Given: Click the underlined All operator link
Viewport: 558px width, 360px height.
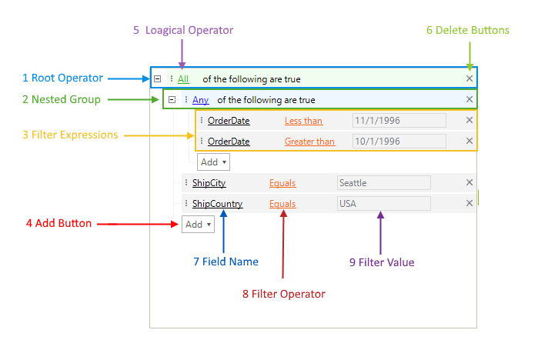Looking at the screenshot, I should [183, 78].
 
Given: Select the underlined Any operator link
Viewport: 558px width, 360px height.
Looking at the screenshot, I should [200, 99].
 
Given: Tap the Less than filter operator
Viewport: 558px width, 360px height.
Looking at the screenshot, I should [303, 121].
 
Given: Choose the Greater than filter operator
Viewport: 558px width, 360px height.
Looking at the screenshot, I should [309, 142].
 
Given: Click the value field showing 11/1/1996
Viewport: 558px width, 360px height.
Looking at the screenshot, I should [399, 121].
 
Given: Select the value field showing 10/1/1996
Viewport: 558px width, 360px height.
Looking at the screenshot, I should [399, 142].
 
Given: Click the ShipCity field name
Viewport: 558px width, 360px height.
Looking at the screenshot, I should [209, 183].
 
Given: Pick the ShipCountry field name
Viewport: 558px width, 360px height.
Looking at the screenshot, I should [217, 204].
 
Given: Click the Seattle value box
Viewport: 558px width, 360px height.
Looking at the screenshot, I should [383, 183].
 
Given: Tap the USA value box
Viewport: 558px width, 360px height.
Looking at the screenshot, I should [383, 204].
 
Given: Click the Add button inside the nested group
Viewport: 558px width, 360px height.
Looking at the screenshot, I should [213, 162].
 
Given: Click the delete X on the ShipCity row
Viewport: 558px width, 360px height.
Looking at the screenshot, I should [469, 183].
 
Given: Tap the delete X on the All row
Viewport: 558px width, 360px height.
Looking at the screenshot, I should [469, 78].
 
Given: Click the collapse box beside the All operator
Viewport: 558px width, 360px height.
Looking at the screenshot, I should [157, 78].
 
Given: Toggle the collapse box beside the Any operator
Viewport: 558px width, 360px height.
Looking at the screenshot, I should [172, 99].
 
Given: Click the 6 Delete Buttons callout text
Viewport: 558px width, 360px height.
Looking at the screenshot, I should [468, 30].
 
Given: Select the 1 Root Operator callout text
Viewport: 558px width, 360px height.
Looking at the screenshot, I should [62, 78].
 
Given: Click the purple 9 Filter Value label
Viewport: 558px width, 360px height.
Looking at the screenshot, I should [382, 262].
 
